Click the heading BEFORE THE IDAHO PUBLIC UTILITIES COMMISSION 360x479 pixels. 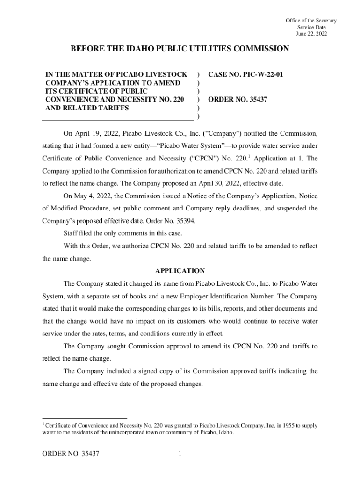click(180, 49)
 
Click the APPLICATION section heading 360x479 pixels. click(180, 271)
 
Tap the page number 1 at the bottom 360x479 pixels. click(180, 454)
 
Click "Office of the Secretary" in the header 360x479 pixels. click(311, 21)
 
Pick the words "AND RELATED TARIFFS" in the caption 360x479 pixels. click(87, 108)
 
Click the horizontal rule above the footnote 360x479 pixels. click(85, 418)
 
